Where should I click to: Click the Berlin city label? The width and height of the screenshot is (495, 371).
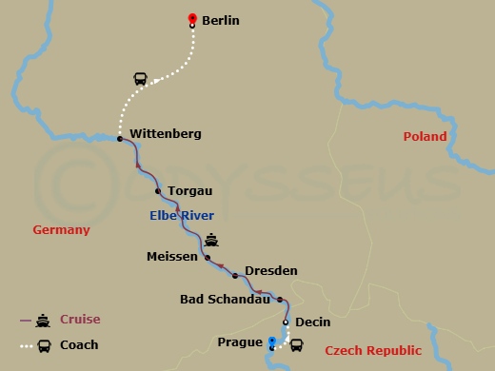click(x=221, y=20)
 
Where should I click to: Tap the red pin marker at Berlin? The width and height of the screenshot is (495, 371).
click(x=192, y=19)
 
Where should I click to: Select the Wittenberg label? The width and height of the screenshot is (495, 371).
click(x=165, y=134)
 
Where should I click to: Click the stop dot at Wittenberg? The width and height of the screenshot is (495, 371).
click(x=120, y=139)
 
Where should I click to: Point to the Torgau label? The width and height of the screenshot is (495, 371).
click(x=183, y=191)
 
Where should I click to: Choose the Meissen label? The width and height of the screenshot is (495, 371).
click(x=172, y=257)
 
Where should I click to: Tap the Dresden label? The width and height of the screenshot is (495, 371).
click(x=271, y=271)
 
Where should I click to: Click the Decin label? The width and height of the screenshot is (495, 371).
click(x=312, y=322)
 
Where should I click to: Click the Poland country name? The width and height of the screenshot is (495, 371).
click(x=425, y=137)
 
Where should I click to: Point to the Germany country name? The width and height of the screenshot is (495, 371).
click(x=61, y=230)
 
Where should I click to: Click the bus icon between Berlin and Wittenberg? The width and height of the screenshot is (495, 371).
click(x=140, y=79)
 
